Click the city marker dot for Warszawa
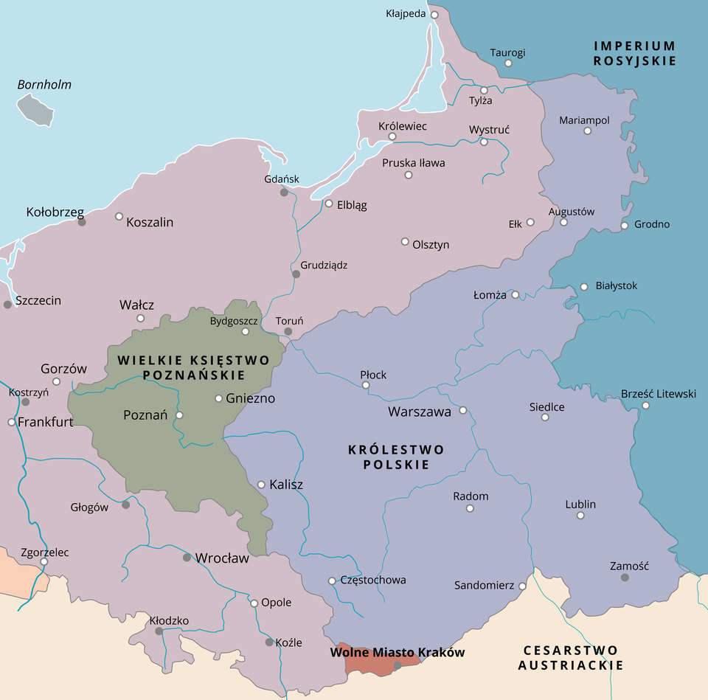pyautogui.click(x=463, y=410)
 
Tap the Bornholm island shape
pyautogui.click(x=36, y=110)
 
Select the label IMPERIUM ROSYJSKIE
pyautogui.click(x=634, y=54)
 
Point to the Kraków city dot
pyautogui.click(x=397, y=665)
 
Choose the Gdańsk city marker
pyautogui.click(x=284, y=192)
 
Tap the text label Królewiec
pyautogui.click(x=402, y=126)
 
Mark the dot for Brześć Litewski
pyautogui.click(x=645, y=405)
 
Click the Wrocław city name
pyautogui.click(x=222, y=558)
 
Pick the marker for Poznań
pyautogui.click(x=179, y=415)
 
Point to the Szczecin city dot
pyautogui.click(x=7, y=304)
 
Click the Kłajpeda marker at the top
pyautogui.click(x=434, y=14)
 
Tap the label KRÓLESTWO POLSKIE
pyautogui.click(x=396, y=457)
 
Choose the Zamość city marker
pyautogui.click(x=625, y=577)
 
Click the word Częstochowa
pyautogui.click(x=373, y=580)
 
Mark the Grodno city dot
pyautogui.click(x=625, y=225)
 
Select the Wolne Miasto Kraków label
pyautogui.click(x=398, y=653)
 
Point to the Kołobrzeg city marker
pyautogui.click(x=82, y=221)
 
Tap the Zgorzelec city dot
pyautogui.click(x=44, y=561)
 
